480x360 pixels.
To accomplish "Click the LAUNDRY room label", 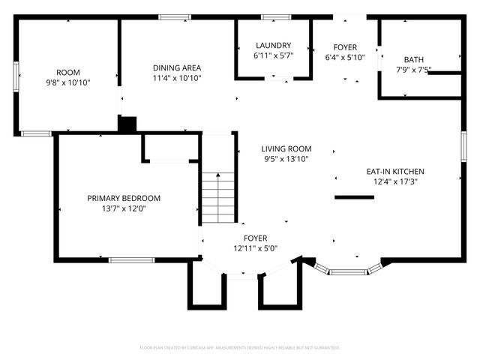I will (x=273, y=45).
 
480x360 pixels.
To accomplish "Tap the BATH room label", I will (x=413, y=59).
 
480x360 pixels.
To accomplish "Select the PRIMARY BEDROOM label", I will (x=124, y=198).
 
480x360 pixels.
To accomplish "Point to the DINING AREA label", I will (x=177, y=67).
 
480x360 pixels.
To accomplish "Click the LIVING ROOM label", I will (x=286, y=148).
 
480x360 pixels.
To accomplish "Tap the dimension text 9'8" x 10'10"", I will (x=68, y=83).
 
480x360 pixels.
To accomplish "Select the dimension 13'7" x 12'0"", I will (x=124, y=209).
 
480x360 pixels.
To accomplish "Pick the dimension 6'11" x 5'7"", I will (x=273, y=55).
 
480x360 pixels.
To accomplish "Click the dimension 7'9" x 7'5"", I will (x=413, y=70).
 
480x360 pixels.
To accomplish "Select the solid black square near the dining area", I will (x=128, y=124).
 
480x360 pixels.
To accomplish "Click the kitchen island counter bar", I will (x=354, y=197).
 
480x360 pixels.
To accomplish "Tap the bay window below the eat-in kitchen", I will (x=348, y=271).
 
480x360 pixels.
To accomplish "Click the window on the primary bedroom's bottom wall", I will (x=132, y=260).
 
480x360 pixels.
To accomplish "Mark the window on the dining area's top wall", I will (x=174, y=16).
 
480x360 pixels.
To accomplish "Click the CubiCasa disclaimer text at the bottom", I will (x=240, y=348).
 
